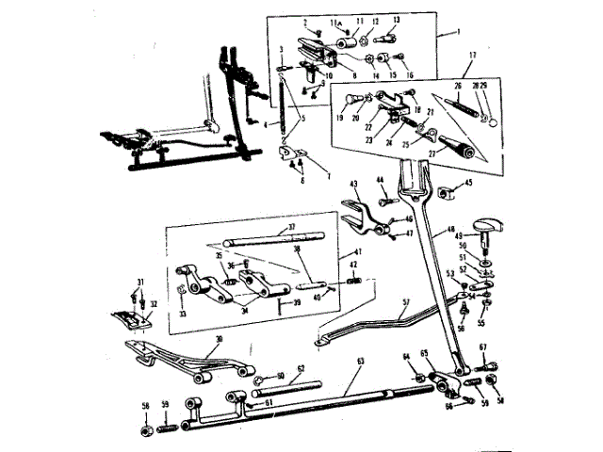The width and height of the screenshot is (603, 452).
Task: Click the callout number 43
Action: point(354,184)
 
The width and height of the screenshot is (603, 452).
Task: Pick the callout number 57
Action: point(405,302)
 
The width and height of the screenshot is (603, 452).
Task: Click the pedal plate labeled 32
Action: point(131,319)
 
